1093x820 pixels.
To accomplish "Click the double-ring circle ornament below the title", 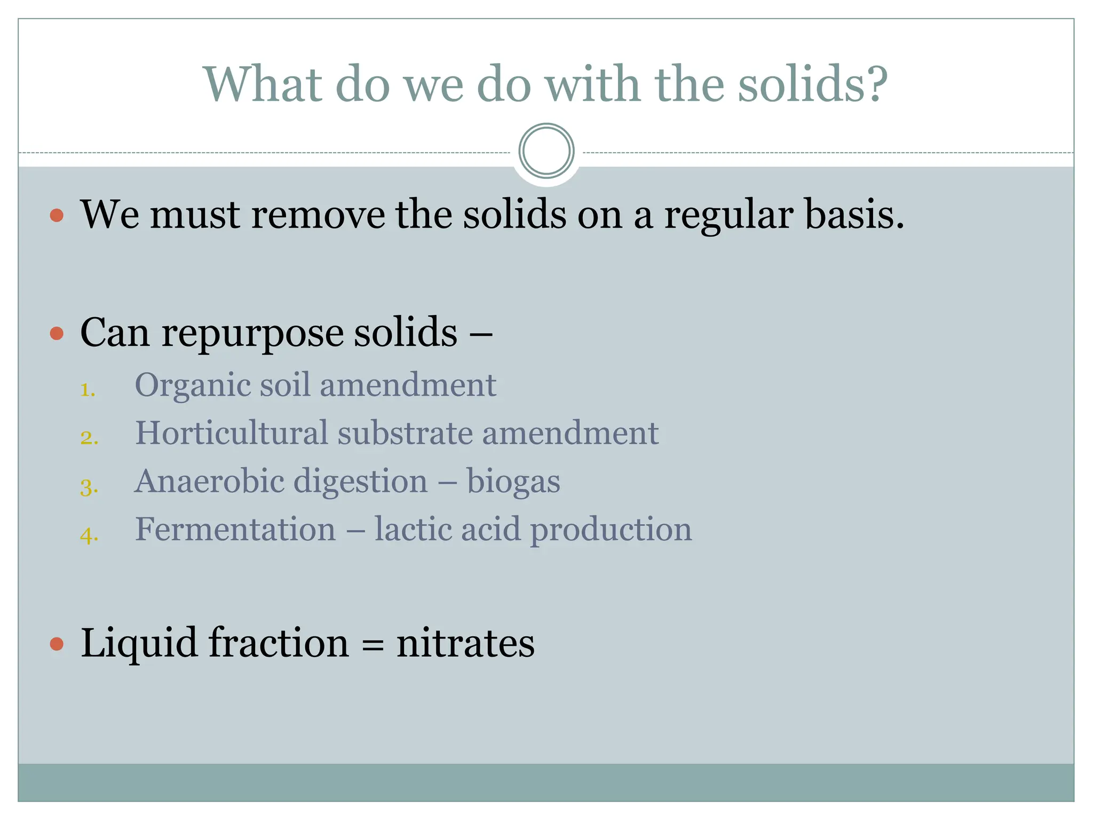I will coord(546,151).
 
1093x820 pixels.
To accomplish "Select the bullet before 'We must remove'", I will coord(57,216).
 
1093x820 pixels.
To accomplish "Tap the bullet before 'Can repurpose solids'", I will coord(57,334).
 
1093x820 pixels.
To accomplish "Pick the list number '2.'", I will coord(89,438).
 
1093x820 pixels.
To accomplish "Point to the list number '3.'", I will coord(89,487).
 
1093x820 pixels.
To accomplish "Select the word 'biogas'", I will coord(513,482).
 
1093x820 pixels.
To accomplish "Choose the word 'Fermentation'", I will coord(235,530).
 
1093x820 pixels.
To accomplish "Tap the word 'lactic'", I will coord(413,530).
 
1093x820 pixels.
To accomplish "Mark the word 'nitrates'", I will coord(465,643).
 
